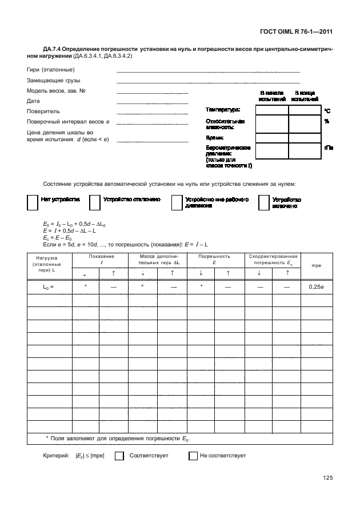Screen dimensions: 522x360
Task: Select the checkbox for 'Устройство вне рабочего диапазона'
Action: click(x=177, y=203)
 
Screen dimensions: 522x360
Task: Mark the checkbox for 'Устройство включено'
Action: click(x=263, y=203)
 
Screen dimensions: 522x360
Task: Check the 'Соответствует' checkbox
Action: click(x=119, y=456)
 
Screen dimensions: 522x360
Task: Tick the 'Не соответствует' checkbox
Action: click(x=193, y=456)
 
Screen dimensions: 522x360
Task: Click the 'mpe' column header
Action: click(x=316, y=265)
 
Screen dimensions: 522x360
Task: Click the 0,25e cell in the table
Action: click(x=316, y=288)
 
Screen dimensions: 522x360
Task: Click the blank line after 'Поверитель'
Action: click(x=152, y=114)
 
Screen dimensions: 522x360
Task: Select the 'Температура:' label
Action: click(x=223, y=109)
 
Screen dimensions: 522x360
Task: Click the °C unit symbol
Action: click(x=327, y=111)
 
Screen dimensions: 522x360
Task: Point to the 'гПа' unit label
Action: click(x=329, y=148)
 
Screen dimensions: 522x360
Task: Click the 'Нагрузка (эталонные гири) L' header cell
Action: click(x=45, y=265)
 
